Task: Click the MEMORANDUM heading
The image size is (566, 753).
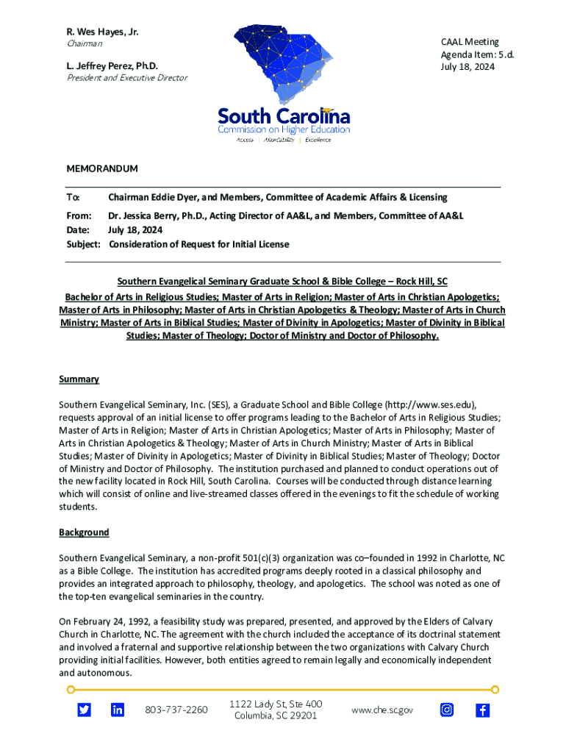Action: tap(102, 168)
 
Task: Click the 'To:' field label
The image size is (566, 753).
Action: tap(73, 198)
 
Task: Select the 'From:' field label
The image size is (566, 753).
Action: tap(79, 215)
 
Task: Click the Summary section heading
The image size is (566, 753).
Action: tap(79, 379)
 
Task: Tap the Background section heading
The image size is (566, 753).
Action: tap(84, 532)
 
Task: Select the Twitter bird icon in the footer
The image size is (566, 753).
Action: tap(85, 710)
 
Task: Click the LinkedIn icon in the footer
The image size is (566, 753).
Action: tap(118, 710)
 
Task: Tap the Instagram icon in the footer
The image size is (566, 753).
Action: tap(447, 710)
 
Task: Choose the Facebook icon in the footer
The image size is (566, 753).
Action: tap(482, 710)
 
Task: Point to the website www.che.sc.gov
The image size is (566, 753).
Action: tap(382, 710)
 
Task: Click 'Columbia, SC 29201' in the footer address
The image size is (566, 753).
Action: tap(275, 715)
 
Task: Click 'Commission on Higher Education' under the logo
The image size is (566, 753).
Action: tap(283, 129)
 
